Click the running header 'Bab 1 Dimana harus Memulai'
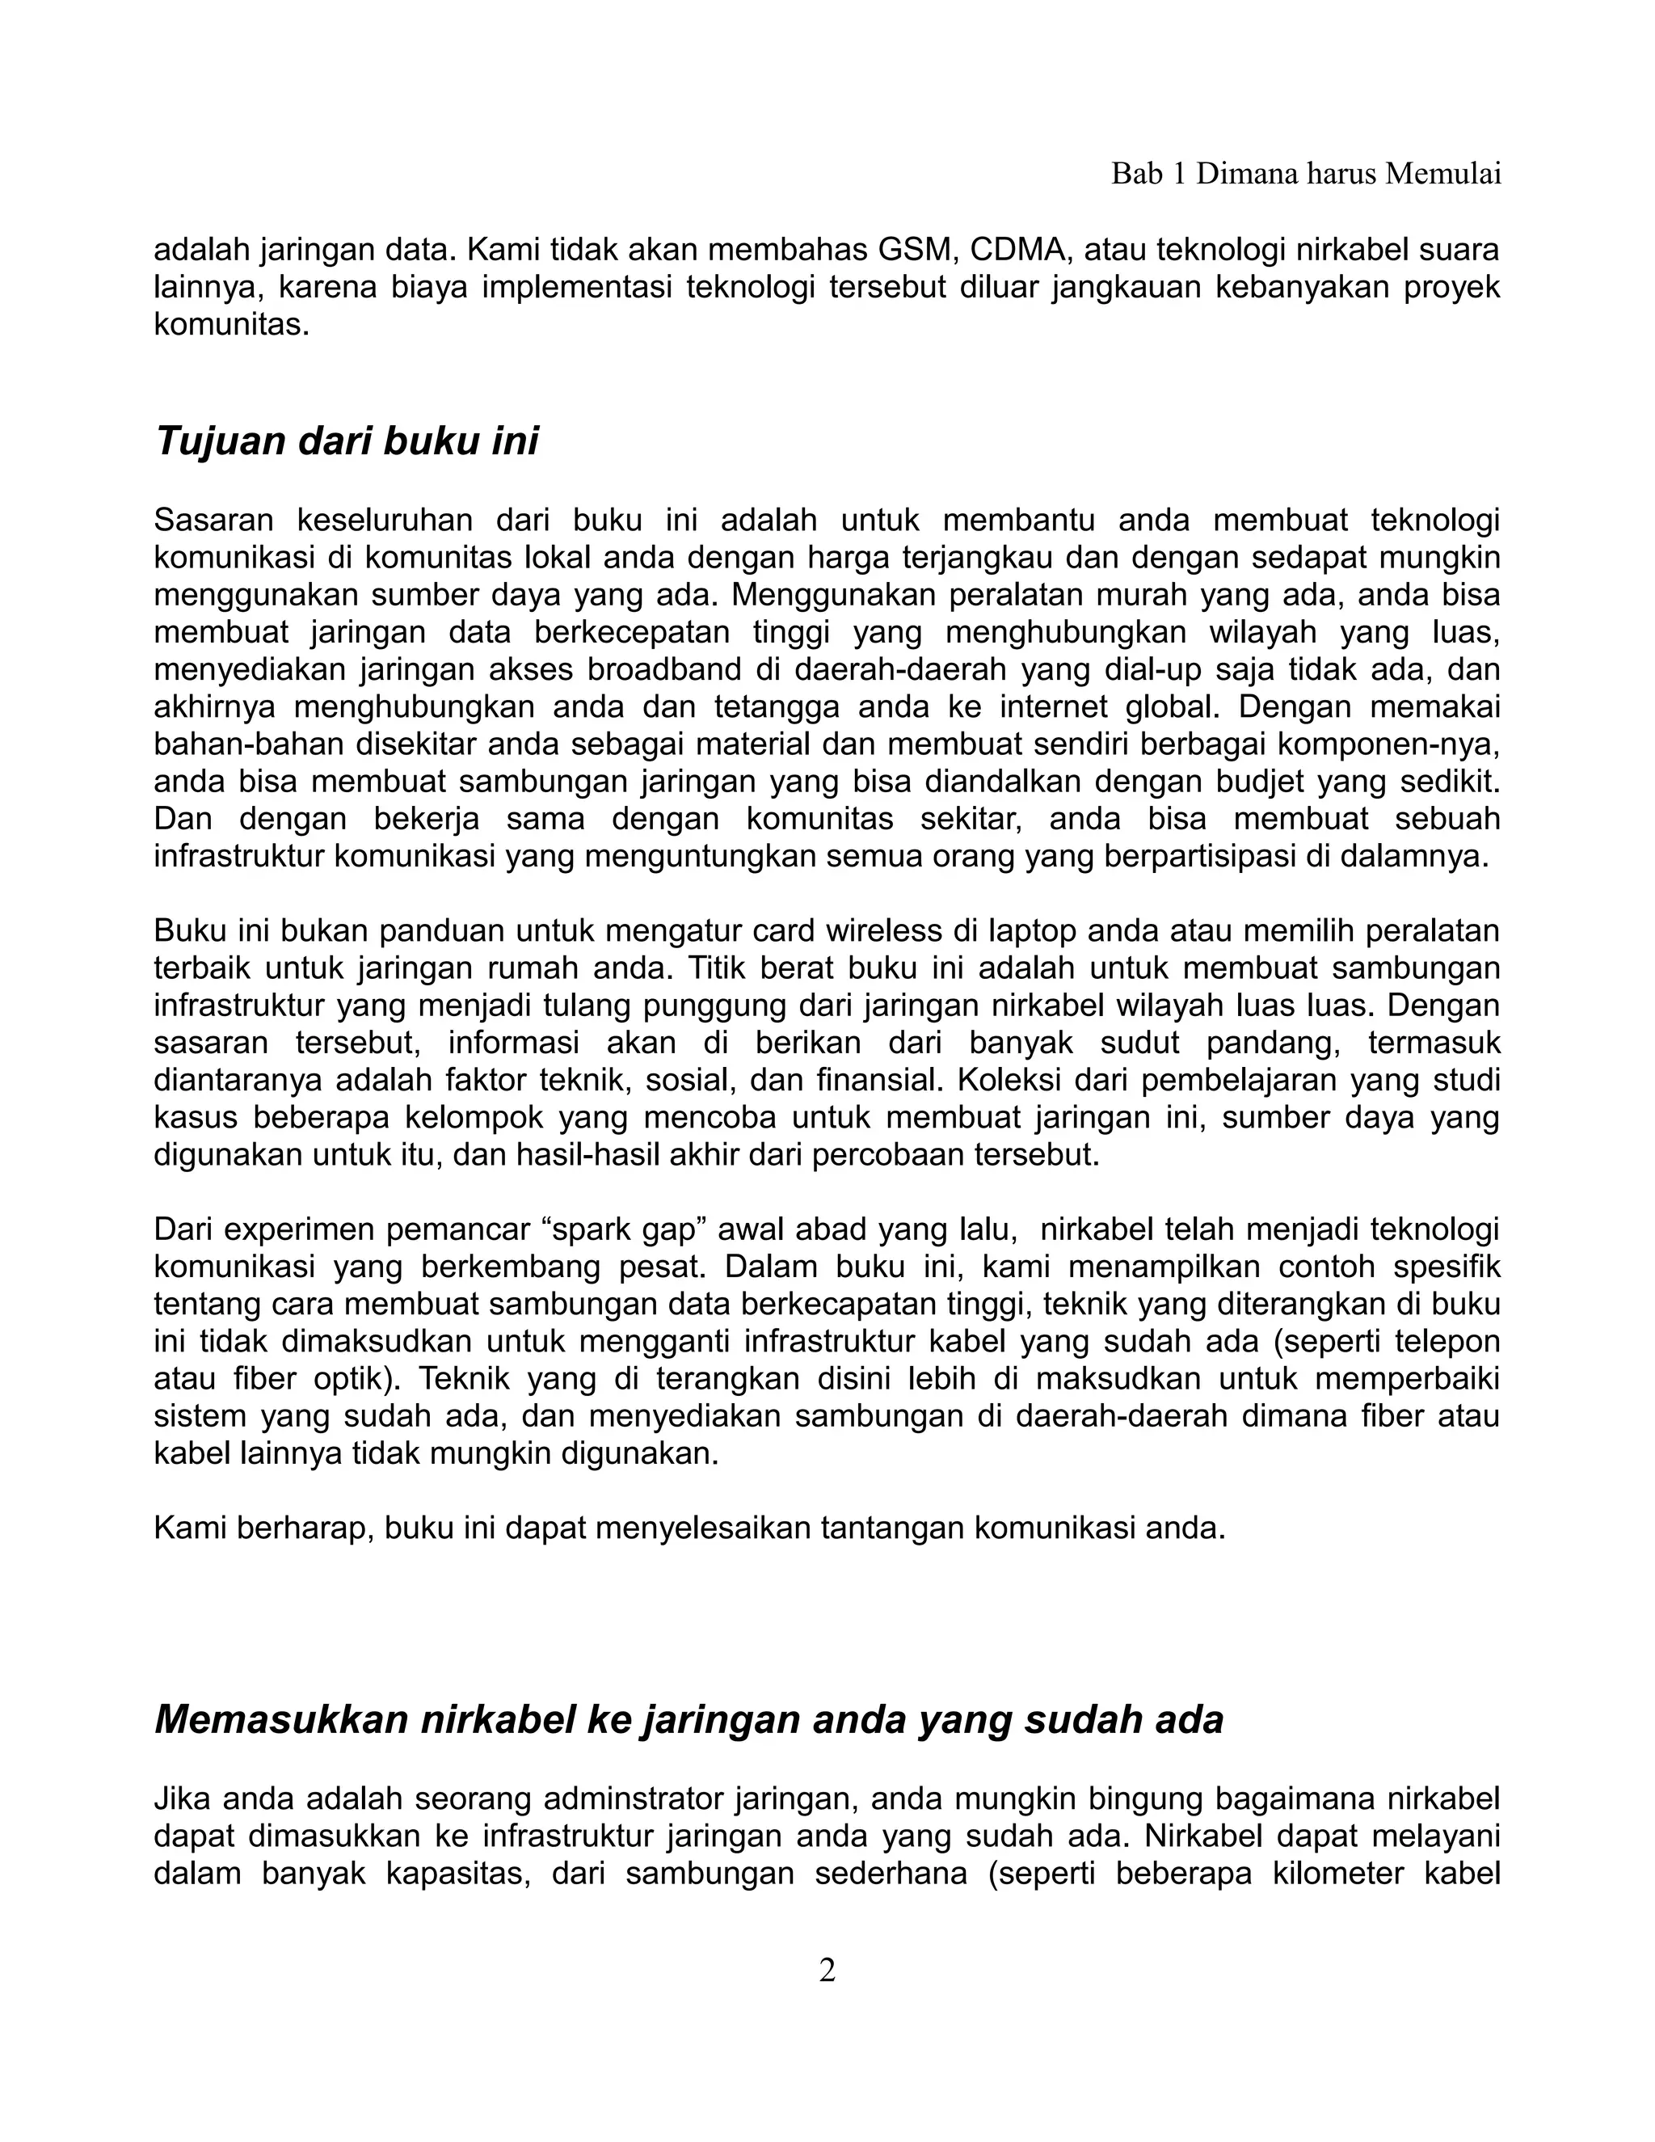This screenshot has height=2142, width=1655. pos(1305,175)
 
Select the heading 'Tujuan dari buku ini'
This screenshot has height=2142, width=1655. pos(347,441)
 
